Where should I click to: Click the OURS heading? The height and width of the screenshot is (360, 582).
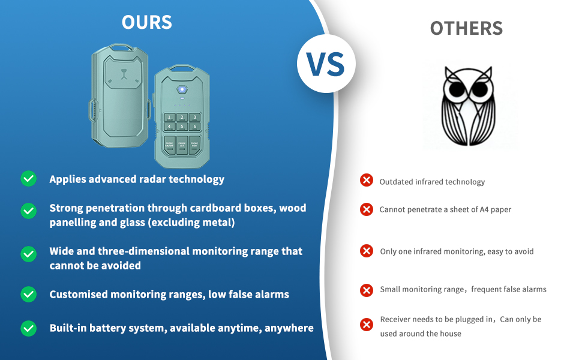146,22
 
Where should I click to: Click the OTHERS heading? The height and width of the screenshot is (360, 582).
466,29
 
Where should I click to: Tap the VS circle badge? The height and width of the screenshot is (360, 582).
326,64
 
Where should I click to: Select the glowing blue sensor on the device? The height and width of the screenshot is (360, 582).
182,89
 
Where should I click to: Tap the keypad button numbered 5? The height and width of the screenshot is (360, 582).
182,127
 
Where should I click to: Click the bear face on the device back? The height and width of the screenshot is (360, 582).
124,73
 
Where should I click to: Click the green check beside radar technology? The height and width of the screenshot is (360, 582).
29,179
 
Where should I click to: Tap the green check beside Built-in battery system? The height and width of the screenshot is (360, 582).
29,328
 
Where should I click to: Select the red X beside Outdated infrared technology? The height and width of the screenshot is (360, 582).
367,180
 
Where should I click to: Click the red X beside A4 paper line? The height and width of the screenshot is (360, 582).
367,209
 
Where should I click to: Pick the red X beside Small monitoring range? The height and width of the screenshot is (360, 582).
367,290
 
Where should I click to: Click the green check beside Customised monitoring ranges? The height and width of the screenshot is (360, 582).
29,295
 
